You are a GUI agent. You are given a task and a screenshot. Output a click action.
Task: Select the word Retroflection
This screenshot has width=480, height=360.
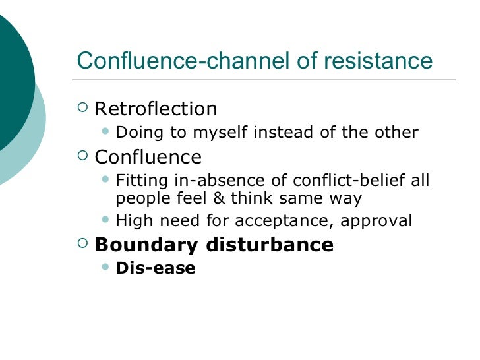tap(156, 109)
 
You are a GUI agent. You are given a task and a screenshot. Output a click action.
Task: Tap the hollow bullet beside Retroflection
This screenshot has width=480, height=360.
tap(82, 108)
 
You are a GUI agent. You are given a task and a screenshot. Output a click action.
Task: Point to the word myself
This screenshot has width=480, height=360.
tap(219, 133)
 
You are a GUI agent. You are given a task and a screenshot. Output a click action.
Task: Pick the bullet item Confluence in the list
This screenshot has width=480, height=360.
tap(148, 157)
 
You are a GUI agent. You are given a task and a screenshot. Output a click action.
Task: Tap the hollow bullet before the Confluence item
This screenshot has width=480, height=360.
tap(82, 156)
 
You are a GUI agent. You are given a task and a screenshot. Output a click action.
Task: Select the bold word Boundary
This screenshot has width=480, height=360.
tap(145, 245)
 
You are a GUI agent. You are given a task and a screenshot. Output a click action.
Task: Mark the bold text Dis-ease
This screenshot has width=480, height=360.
tap(156, 269)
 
